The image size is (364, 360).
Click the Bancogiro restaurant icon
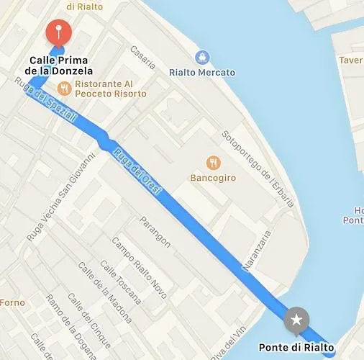coord(212,163)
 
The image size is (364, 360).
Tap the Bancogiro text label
coord(212,178)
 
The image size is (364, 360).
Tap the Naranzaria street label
coord(257,251)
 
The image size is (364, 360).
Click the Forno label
coord(12,302)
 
